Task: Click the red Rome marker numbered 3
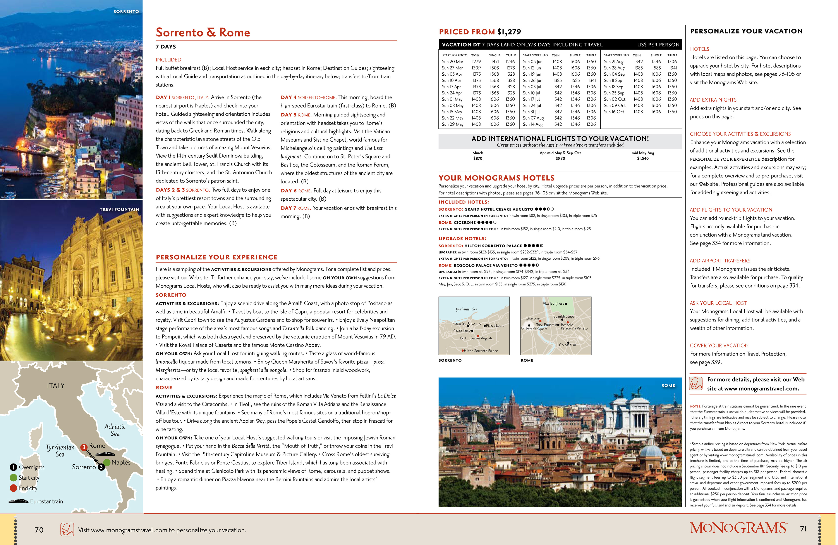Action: [84, 447]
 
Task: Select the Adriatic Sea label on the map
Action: [115, 430]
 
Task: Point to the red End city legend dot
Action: [13, 488]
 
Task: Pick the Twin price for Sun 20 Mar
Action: [476, 62]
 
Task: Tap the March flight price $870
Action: [478, 159]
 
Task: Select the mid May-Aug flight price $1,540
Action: [643, 159]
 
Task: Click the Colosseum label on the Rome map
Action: [568, 345]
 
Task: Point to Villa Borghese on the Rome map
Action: [553, 304]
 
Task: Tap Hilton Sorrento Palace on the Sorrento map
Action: [481, 351]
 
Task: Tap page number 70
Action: [39, 530]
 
